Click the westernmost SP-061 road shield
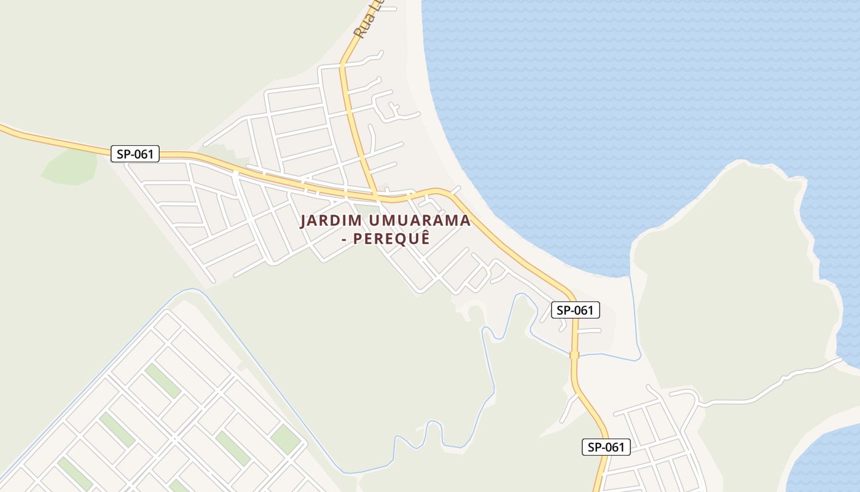(135, 154)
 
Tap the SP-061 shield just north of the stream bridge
(575, 310)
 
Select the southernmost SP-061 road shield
(606, 447)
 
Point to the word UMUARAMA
(420, 221)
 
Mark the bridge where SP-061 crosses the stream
(574, 355)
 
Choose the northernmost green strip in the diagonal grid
(162, 381)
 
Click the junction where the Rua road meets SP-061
(376, 197)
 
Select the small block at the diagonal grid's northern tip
(166, 325)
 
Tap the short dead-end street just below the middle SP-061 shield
(588, 331)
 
